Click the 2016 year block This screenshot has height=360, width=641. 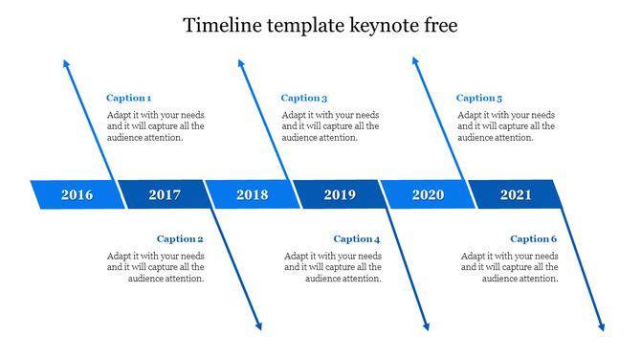click(77, 195)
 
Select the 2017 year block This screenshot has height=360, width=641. click(165, 195)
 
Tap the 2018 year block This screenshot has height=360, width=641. click(252, 195)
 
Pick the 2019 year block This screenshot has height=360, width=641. click(340, 195)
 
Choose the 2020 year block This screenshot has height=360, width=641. click(428, 195)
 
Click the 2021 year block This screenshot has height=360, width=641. click(516, 195)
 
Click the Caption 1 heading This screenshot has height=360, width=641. click(129, 98)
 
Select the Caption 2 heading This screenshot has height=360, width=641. click(181, 239)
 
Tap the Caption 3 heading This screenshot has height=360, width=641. click(304, 98)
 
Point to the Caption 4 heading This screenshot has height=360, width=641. click(357, 239)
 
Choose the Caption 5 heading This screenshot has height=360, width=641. click(479, 98)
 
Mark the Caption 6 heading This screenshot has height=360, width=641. click(534, 239)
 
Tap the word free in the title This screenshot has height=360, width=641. click(439, 26)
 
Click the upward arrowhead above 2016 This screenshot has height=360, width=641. click(66, 63)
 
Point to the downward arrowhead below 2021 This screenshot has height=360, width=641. click(602, 326)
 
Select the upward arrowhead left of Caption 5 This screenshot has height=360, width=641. click(415, 61)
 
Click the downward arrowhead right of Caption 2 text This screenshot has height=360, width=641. click(258, 326)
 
